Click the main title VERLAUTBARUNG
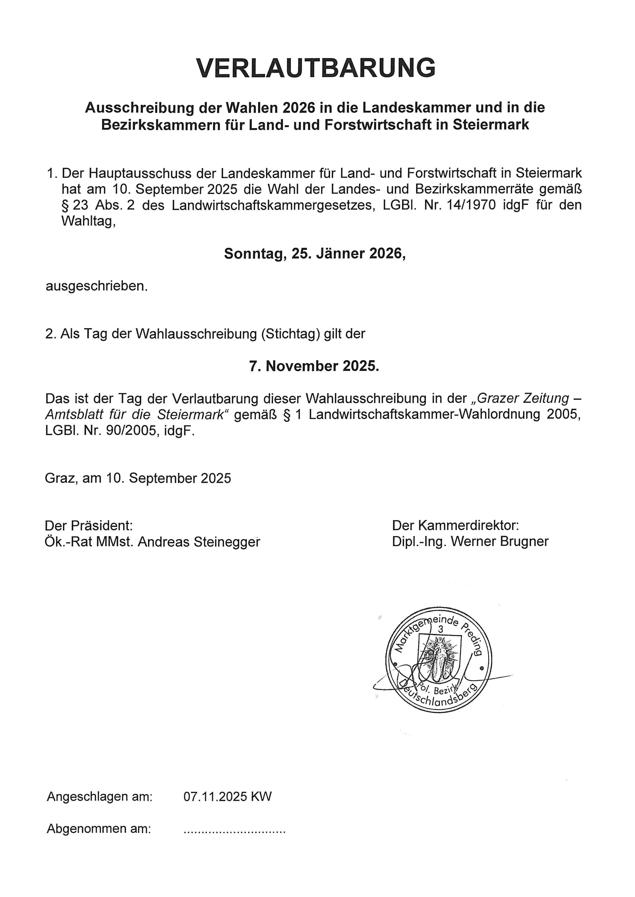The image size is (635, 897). (316, 68)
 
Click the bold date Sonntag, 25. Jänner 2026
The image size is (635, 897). (315, 254)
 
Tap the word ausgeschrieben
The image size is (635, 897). (97, 286)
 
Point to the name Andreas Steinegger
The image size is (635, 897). (199, 542)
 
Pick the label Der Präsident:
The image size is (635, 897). (89, 525)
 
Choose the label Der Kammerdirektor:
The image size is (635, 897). (456, 525)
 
